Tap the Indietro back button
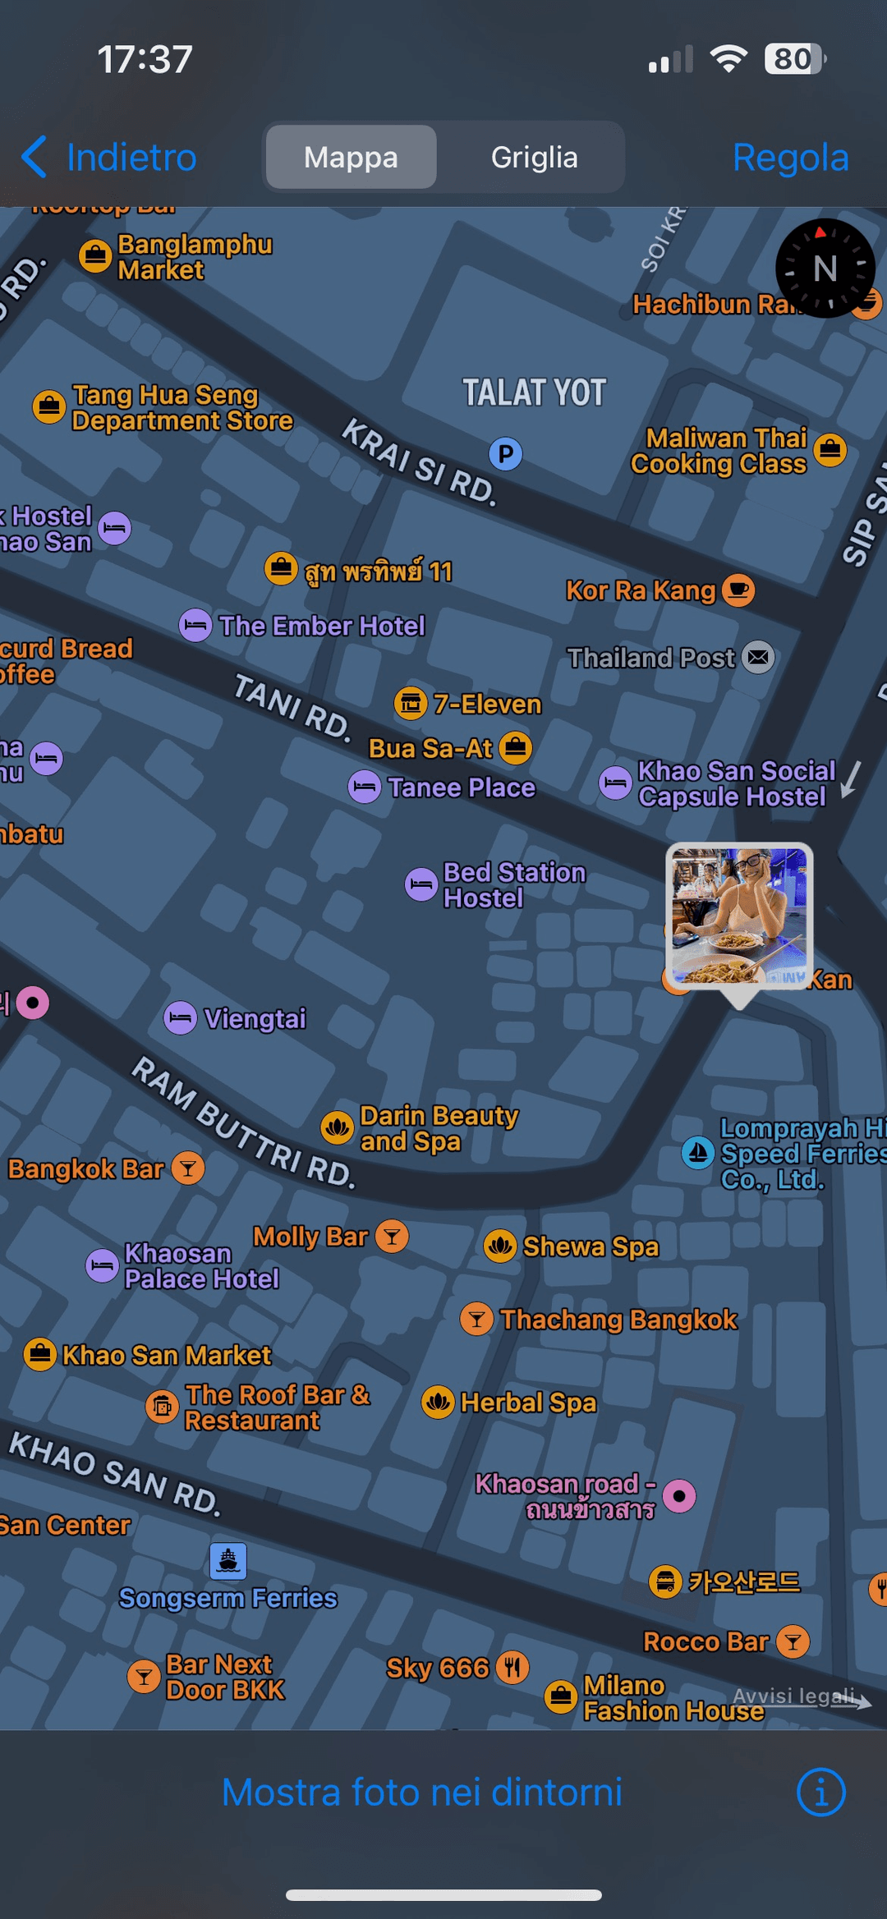[x=109, y=157]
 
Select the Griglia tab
[x=534, y=157]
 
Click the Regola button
[x=790, y=157]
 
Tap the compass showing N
[x=825, y=269]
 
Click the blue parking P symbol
[x=506, y=453]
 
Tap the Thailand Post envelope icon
[x=758, y=657]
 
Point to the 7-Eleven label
[x=487, y=704]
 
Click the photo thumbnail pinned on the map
[x=739, y=915]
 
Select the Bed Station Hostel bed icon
[x=421, y=884]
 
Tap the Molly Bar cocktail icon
[x=393, y=1236]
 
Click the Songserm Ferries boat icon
[x=228, y=1560]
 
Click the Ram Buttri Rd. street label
[x=243, y=1122]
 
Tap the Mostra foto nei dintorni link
[x=422, y=1792]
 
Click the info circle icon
[x=820, y=1792]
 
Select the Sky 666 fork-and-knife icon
[x=512, y=1667]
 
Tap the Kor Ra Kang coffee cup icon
[x=738, y=590]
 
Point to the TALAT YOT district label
[x=534, y=393]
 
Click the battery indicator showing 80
[x=794, y=59]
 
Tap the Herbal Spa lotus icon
[x=438, y=1402]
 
